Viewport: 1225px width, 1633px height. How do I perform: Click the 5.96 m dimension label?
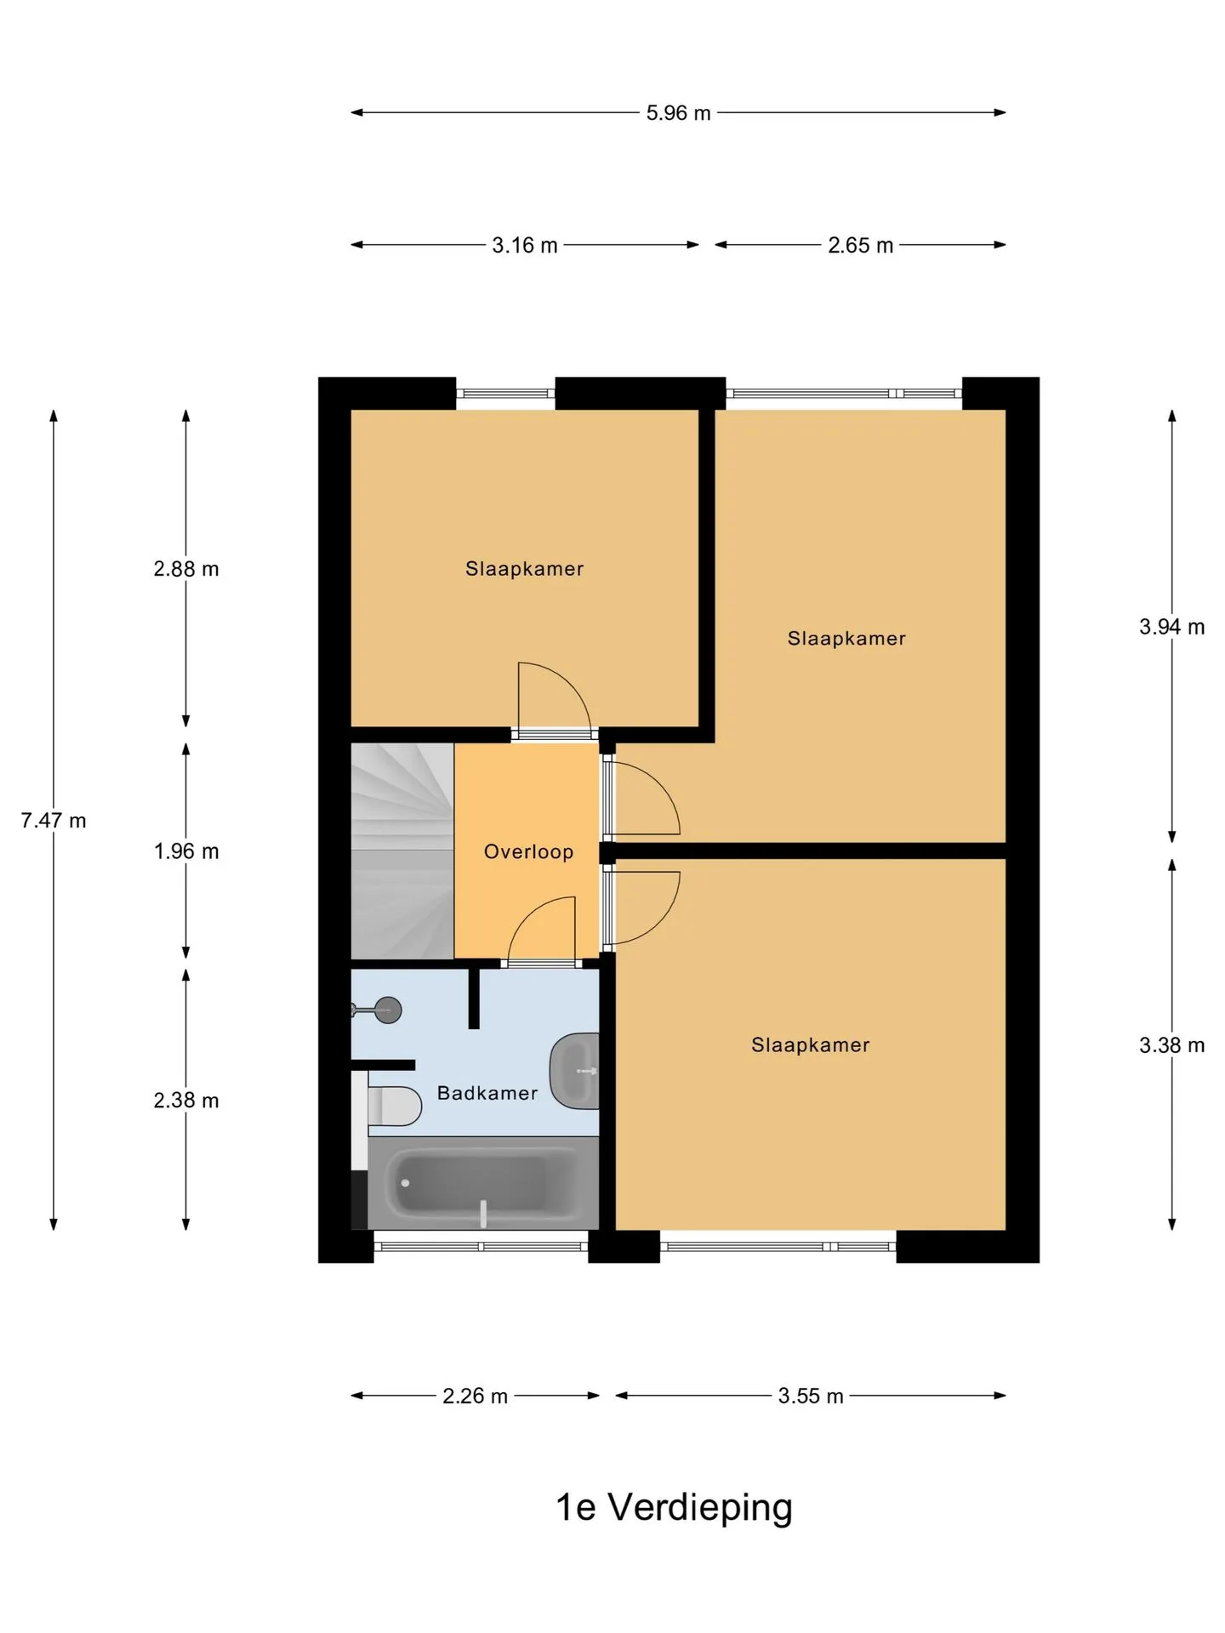(678, 112)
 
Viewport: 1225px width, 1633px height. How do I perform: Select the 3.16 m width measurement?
(525, 245)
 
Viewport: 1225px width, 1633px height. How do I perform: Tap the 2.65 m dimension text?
(860, 245)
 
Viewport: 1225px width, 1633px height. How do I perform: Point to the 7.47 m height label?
(54, 820)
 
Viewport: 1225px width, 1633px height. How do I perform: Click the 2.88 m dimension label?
(186, 568)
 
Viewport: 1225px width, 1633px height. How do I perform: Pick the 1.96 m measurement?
(186, 851)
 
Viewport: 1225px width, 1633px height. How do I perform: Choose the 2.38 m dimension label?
(186, 1100)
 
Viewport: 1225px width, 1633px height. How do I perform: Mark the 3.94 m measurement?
(1172, 626)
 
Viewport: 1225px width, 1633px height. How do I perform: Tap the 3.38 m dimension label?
(1172, 1044)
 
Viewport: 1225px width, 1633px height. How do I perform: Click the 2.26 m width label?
(475, 1396)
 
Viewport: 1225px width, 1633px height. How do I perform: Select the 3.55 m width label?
(811, 1396)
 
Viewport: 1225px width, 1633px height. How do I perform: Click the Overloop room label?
(528, 851)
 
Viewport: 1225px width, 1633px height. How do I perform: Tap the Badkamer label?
(487, 1093)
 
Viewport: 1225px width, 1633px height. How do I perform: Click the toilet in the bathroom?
(394, 1106)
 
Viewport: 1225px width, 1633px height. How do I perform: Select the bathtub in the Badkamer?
(483, 1183)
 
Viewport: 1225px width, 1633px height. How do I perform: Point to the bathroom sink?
(575, 1071)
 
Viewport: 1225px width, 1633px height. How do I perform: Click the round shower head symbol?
(388, 1010)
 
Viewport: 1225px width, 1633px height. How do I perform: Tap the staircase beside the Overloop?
(402, 851)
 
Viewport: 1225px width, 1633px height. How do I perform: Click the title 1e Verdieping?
(674, 1507)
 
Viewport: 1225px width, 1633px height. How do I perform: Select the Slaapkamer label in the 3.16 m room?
(524, 568)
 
